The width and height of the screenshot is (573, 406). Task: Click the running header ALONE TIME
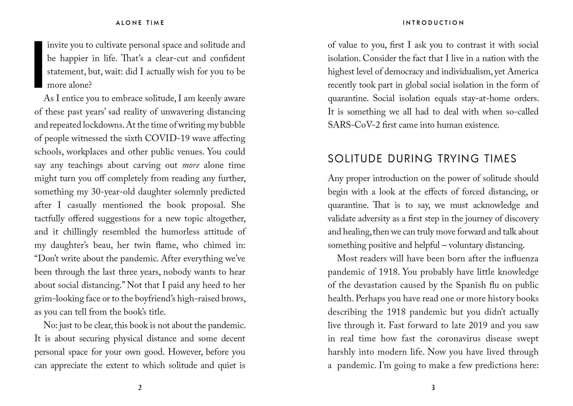click(x=140, y=23)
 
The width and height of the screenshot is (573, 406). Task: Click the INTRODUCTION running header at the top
click(x=433, y=23)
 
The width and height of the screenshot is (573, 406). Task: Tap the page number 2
click(x=140, y=388)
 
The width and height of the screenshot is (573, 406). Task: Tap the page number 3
click(x=433, y=388)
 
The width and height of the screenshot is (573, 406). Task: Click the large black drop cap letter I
click(x=38, y=65)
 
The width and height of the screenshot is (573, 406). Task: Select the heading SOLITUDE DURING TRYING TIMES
click(x=422, y=159)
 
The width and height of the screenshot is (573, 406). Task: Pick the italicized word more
click(x=191, y=165)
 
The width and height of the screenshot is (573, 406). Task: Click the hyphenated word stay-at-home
click(x=485, y=98)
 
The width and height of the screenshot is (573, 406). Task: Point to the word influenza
click(x=521, y=259)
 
